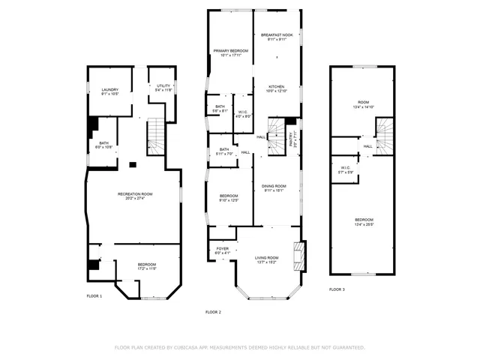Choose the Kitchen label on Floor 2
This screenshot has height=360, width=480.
click(277, 88)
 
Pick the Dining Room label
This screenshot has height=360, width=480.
click(274, 187)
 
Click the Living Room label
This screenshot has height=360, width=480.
click(267, 259)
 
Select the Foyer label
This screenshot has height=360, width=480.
click(223, 250)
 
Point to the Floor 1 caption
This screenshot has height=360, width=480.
click(94, 296)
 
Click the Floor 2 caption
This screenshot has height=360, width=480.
click(213, 312)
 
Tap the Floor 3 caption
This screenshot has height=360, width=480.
click(337, 289)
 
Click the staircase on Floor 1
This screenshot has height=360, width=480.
click(154, 136)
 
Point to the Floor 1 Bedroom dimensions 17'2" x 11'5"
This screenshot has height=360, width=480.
click(147, 268)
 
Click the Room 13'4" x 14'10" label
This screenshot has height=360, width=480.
click(364, 105)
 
